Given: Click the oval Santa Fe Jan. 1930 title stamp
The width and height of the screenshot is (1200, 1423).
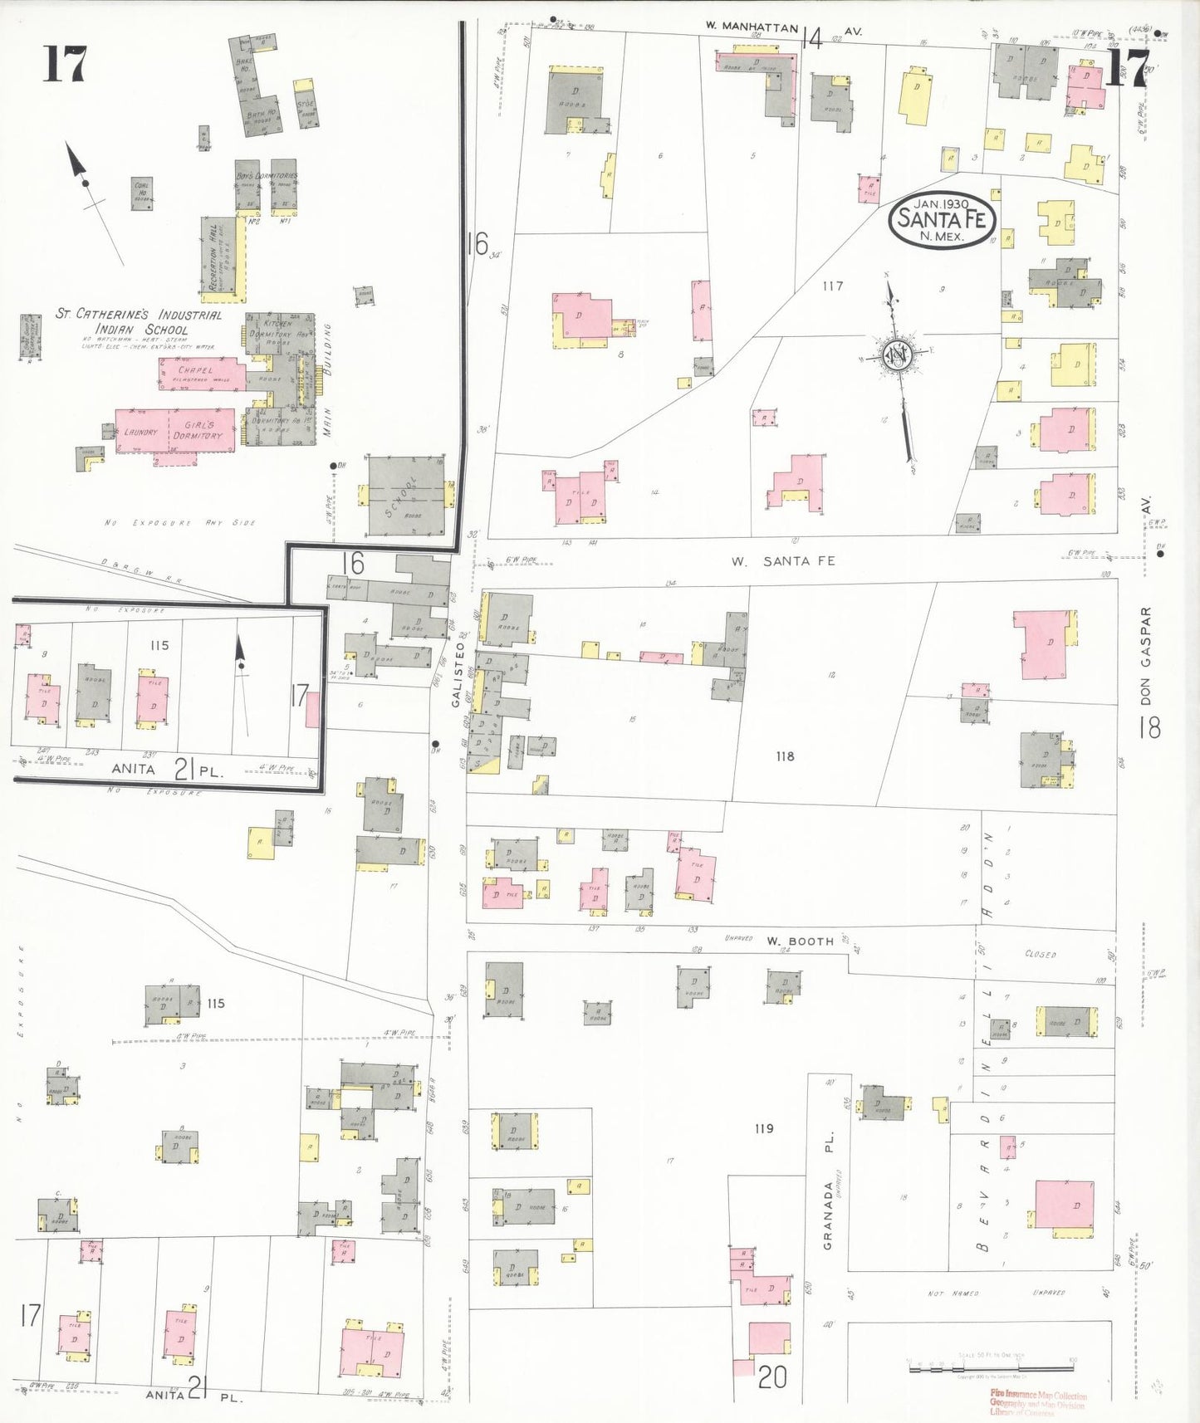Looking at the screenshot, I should point(942,220).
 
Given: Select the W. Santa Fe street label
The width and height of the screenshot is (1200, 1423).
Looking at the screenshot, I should point(782,561).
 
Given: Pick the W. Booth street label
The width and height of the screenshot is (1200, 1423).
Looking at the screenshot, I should point(799,941).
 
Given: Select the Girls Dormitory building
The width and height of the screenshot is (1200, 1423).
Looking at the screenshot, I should point(199,429).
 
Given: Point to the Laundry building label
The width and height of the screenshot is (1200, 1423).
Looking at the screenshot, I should point(140,432).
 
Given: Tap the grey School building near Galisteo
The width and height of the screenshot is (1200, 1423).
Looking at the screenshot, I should point(406,496).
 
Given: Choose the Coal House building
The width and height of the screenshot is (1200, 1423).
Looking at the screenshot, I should point(142,193).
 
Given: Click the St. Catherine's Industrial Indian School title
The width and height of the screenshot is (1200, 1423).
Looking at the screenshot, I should point(139,321).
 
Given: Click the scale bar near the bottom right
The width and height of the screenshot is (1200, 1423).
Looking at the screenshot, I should point(992,1364).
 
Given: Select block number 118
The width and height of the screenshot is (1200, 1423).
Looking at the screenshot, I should point(785,756).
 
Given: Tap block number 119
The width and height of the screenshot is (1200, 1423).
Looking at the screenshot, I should point(764,1128).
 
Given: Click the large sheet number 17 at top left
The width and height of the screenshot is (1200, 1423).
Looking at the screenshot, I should point(65,64).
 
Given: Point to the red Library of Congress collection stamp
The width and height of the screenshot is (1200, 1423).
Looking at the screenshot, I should point(1037,1402).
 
